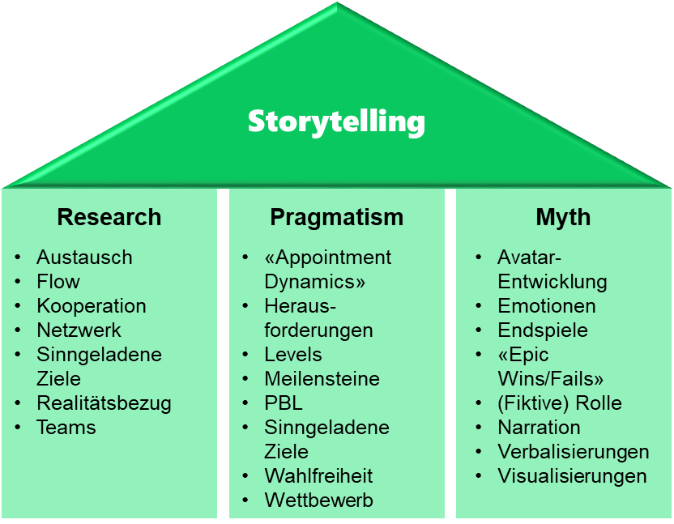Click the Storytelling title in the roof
tap(336, 121)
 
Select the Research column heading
tap(109, 217)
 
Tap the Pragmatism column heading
tap(336, 217)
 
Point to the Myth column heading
tap(563, 217)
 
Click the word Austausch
tap(84, 258)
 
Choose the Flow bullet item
tap(58, 282)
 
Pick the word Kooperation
tap(92, 306)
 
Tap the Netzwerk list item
tap(79, 330)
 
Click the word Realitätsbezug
tap(104, 403)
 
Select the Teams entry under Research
tap(66, 428)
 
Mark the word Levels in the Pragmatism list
tap(293, 355)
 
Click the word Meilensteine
tap(322, 379)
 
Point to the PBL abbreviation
tap(284, 403)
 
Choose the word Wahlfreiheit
tap(318, 476)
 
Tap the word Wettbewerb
tap(318, 501)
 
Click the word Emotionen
tap(547, 306)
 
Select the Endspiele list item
tap(543, 330)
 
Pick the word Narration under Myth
tap(539, 428)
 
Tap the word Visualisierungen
tap(572, 476)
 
